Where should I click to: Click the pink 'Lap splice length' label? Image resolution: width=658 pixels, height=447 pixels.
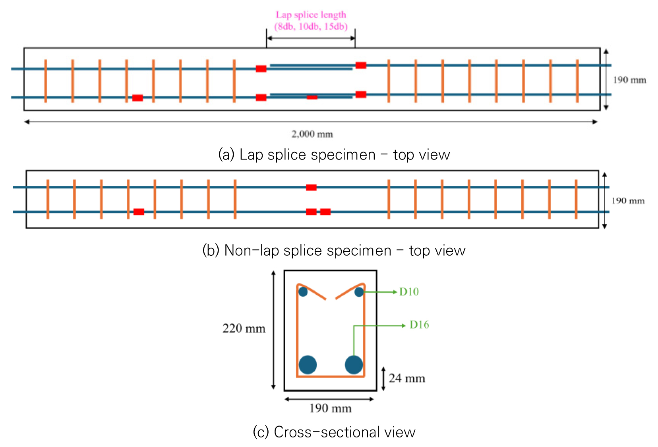(x=311, y=15)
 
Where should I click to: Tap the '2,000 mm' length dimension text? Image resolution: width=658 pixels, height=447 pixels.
(x=312, y=134)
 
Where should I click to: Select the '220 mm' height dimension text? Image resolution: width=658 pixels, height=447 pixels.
(x=244, y=328)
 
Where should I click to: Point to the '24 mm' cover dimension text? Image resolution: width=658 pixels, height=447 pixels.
(x=406, y=378)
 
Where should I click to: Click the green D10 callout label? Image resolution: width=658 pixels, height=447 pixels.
(x=409, y=292)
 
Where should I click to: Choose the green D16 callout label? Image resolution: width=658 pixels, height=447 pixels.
(x=419, y=325)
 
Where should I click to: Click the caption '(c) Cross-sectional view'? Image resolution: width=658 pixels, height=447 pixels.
(x=334, y=432)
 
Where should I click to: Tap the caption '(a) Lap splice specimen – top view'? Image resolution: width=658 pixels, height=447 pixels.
(x=334, y=155)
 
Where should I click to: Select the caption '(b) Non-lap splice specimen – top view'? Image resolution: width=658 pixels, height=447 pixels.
(x=334, y=251)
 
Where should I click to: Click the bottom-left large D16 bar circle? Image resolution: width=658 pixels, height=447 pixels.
(x=308, y=365)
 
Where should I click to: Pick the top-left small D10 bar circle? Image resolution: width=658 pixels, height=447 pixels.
(x=303, y=292)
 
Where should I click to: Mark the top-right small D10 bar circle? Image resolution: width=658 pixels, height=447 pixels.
(x=359, y=292)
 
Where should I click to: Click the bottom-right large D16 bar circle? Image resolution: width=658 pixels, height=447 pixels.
(x=354, y=365)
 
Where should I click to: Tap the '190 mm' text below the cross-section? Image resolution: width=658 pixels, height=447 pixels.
(x=330, y=408)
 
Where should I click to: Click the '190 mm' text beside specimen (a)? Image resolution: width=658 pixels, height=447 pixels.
(x=629, y=80)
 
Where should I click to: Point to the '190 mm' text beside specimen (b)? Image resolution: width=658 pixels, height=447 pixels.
(x=628, y=201)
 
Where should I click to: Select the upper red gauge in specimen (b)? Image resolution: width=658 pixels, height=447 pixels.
(x=311, y=187)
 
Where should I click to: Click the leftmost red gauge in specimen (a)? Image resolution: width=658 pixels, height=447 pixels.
(x=137, y=98)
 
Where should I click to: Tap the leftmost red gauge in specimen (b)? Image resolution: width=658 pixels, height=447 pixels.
(x=139, y=212)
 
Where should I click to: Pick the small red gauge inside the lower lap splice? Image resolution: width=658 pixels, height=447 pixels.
(x=312, y=97)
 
